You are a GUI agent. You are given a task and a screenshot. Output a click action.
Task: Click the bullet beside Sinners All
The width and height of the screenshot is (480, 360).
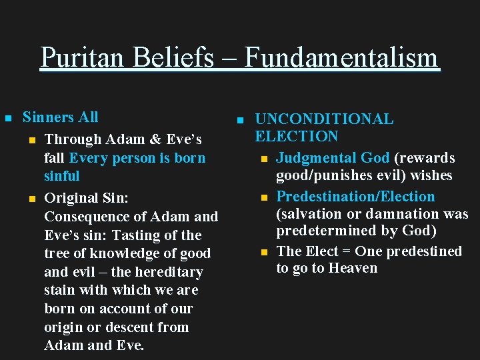9,118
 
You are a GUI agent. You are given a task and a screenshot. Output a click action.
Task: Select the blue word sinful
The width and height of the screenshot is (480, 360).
61,176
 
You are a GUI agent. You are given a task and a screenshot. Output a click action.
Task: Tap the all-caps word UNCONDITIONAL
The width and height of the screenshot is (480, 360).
324,119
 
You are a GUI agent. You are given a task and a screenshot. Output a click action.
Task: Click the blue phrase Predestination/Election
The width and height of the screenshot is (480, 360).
355,197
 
